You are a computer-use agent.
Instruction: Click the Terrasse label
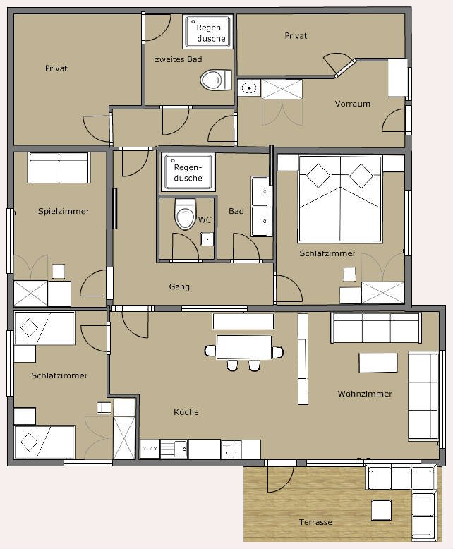click(315, 522)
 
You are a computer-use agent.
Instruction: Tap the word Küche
click(186, 412)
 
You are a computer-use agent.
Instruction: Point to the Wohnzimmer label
click(365, 394)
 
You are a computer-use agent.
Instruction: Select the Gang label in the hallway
click(179, 286)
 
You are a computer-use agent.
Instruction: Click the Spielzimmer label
click(64, 211)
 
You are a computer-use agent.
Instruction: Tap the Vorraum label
click(353, 104)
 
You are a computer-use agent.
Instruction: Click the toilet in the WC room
click(185, 214)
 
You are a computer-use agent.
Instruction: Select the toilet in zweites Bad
click(216, 80)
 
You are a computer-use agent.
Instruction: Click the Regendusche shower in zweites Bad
click(207, 32)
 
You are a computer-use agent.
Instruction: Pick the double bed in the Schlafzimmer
click(340, 199)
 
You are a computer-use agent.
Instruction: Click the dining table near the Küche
click(244, 347)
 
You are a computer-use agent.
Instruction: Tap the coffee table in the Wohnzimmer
click(378, 363)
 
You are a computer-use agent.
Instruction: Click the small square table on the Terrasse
click(381, 510)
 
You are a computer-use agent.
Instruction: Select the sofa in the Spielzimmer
click(59, 168)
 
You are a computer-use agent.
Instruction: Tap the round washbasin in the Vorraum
click(249, 88)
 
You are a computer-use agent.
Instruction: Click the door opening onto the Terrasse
click(280, 476)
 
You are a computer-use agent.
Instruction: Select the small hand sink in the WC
click(207, 239)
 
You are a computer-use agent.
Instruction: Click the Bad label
click(236, 211)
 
